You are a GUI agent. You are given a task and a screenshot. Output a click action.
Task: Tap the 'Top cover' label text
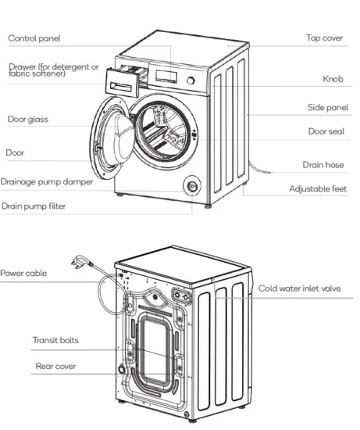coord(324,38)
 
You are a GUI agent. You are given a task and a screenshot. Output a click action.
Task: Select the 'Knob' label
coord(333,79)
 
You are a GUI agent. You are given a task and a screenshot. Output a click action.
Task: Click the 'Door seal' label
coord(326,131)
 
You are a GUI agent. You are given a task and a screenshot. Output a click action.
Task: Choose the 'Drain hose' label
coord(324,165)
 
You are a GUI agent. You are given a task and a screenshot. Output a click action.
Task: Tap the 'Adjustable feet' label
coord(318,188)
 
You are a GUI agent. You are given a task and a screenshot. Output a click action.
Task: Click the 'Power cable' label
coord(23,274)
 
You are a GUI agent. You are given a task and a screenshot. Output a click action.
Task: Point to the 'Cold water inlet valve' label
coord(300,288)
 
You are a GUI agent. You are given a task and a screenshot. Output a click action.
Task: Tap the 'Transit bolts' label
coord(55,340)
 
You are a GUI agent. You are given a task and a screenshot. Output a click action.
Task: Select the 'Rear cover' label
coord(55,366)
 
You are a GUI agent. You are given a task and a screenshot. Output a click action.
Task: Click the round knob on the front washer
coord(190,80)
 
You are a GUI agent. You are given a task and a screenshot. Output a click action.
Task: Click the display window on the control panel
coord(166,75)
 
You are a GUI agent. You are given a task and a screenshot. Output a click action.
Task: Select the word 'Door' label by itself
coord(15,152)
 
